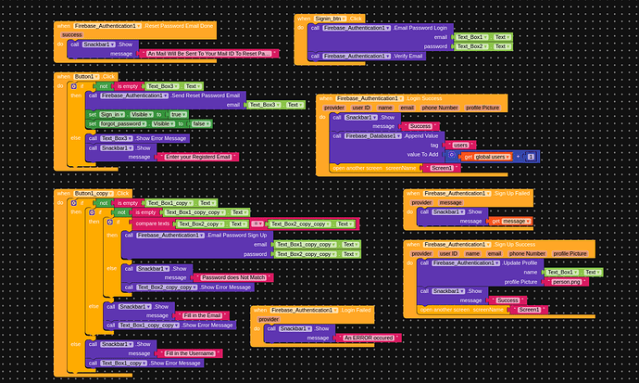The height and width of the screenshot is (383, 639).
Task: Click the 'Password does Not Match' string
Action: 238,277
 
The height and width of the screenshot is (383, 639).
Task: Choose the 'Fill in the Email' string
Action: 202,315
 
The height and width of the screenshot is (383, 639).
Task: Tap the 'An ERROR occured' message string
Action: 370,338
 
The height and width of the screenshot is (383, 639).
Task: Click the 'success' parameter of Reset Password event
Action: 71,34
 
